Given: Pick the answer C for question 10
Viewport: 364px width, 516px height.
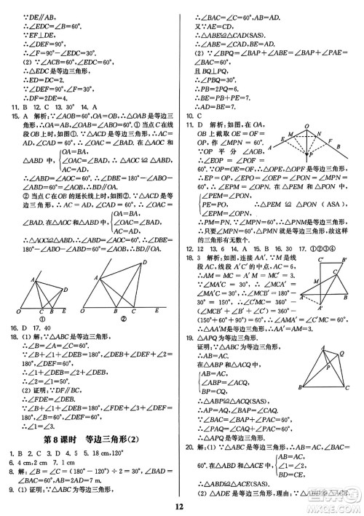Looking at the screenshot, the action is click(x=208, y=115).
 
